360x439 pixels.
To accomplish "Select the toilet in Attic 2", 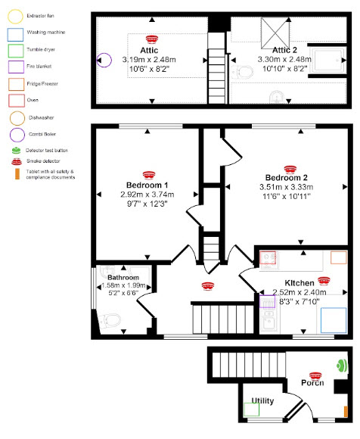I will pos(244,73).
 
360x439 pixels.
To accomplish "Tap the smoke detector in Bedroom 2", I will pos(289,169).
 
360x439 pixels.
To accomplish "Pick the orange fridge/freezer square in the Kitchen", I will pos(338,257).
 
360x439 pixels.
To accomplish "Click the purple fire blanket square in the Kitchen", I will pos(267,302).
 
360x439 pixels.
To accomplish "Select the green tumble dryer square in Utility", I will pos(251,409).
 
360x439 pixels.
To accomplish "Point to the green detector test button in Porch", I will pos(341,365).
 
